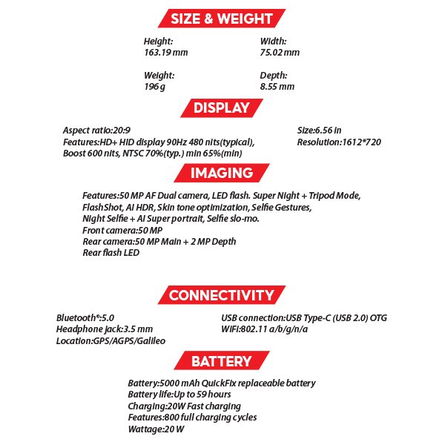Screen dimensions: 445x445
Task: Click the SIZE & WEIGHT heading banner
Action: tap(221, 19)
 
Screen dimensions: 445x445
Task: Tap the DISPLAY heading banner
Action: tap(221, 108)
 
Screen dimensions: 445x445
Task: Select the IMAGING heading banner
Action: tap(221, 173)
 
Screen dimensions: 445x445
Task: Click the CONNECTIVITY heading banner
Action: tap(221, 295)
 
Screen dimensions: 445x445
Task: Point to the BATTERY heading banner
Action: tap(221, 361)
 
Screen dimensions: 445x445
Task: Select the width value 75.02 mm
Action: tap(280, 53)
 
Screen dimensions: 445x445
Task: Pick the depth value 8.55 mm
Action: tap(277, 87)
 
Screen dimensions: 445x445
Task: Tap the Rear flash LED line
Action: tap(111, 253)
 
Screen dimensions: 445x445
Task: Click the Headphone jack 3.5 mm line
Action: tap(105, 329)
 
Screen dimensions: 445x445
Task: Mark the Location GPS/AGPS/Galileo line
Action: tap(111, 340)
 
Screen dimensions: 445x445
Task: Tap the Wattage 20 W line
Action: tap(156, 429)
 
